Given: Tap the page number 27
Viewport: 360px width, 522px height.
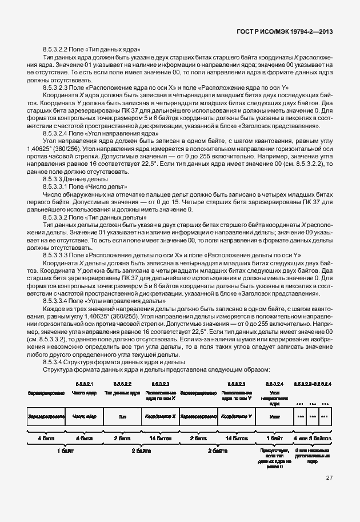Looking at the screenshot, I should point(329,478).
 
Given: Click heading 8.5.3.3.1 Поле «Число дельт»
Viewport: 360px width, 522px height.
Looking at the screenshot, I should point(85,187).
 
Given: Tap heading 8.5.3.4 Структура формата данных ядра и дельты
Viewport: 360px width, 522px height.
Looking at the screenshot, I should point(114,362).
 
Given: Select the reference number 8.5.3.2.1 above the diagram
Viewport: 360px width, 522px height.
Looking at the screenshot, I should point(85,383).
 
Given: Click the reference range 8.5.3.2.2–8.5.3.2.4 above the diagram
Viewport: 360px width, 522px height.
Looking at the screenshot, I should point(313,383).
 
